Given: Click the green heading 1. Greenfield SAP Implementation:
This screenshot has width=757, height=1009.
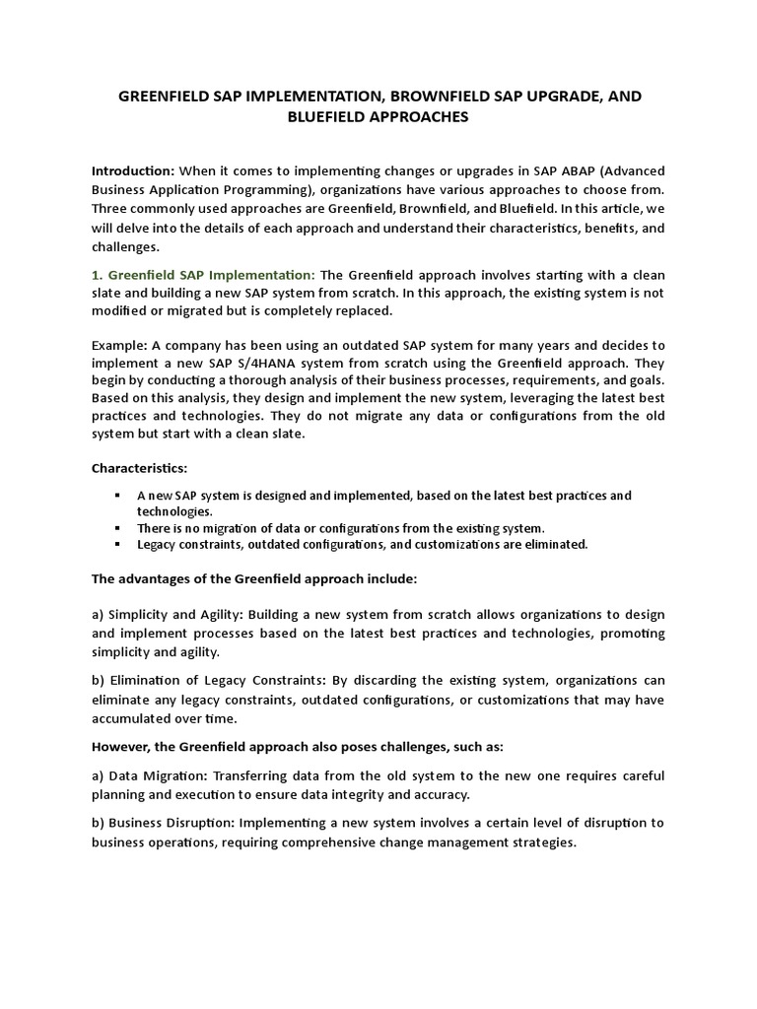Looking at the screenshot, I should pyautogui.click(x=203, y=275).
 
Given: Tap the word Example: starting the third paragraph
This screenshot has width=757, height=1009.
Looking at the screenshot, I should pyautogui.click(x=118, y=345).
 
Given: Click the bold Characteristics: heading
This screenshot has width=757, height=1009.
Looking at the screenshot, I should pyautogui.click(x=140, y=466).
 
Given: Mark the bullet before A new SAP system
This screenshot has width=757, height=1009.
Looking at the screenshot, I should pyautogui.click(x=117, y=495).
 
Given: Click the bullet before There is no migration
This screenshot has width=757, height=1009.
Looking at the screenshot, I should pyautogui.click(x=117, y=528).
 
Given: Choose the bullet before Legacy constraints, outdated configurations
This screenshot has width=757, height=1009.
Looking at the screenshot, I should pyautogui.click(x=117, y=543).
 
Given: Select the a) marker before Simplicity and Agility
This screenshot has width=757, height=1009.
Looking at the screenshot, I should pyautogui.click(x=99, y=614).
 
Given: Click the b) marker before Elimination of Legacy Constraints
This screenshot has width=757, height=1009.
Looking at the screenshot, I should pyautogui.click(x=99, y=681).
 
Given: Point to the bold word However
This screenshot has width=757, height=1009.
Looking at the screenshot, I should pyautogui.click(x=125, y=737).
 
